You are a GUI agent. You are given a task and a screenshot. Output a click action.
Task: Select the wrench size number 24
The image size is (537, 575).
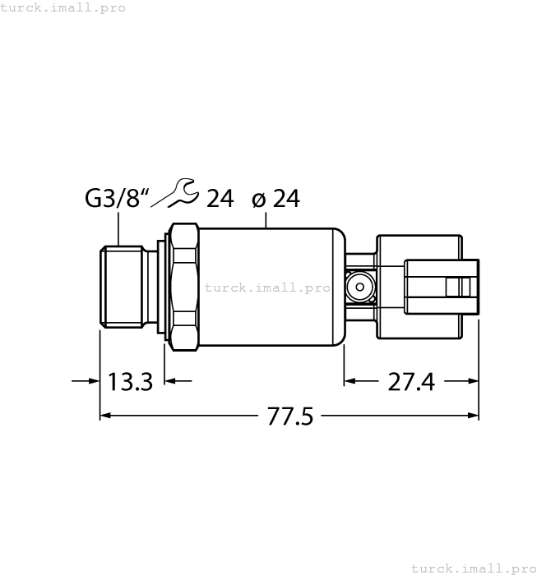[x=220, y=199]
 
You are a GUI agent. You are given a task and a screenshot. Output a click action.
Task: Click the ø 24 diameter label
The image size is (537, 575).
[x=275, y=199]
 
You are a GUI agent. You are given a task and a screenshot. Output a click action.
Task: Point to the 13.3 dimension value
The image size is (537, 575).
[x=131, y=381]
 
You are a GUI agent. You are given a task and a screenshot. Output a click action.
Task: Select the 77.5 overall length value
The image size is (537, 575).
[x=289, y=416]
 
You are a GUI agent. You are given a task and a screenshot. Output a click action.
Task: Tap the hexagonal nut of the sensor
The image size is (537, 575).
[x=184, y=285]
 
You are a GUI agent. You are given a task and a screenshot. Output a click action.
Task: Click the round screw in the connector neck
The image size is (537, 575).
[x=359, y=287]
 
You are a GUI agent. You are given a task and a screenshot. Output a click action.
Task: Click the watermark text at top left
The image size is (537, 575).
[x=63, y=7]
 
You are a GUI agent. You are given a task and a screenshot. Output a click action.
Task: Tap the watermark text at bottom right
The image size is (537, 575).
[x=472, y=568]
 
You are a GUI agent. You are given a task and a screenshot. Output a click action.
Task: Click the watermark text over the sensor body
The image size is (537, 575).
[x=266, y=287]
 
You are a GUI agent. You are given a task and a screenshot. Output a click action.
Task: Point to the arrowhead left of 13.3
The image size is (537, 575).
[x=91, y=381]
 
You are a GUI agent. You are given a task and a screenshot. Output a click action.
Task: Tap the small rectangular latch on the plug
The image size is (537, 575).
[x=452, y=287]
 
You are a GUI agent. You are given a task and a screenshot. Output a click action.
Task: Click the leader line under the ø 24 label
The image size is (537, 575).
[x=267, y=219]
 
